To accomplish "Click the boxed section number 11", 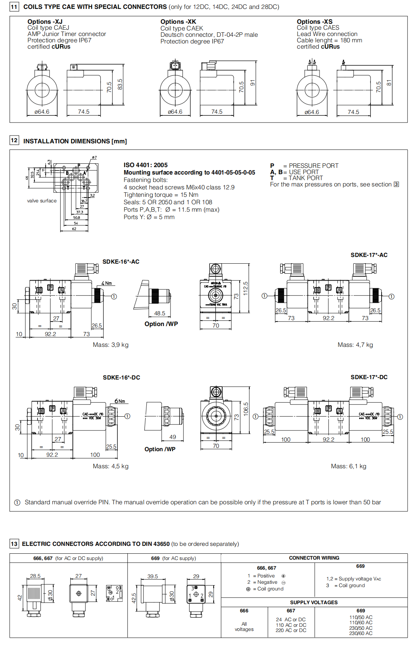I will (x=14, y=7).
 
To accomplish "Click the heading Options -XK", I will (x=178, y=22).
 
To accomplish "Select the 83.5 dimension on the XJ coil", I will (x=120, y=84).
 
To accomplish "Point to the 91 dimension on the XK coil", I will (x=253, y=83).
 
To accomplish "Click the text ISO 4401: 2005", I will (x=146, y=165).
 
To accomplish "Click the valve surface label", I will (x=42, y=201).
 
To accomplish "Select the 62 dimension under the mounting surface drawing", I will (x=74, y=229).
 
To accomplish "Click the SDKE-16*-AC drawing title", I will (x=121, y=262).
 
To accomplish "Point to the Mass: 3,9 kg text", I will (x=110, y=345).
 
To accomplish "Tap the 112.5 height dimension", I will (x=245, y=289).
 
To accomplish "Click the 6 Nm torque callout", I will (x=120, y=401).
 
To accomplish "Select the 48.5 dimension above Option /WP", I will (x=159, y=313).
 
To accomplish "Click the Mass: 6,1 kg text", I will (x=348, y=466).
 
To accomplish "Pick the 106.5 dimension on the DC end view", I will (x=246, y=409).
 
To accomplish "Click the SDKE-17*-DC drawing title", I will (x=369, y=377).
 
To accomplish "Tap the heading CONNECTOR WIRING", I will (x=314, y=558).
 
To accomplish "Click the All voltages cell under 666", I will (x=244, y=626).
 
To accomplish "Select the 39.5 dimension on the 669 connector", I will (x=152, y=576).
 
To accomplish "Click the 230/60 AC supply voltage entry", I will (x=360, y=634).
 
